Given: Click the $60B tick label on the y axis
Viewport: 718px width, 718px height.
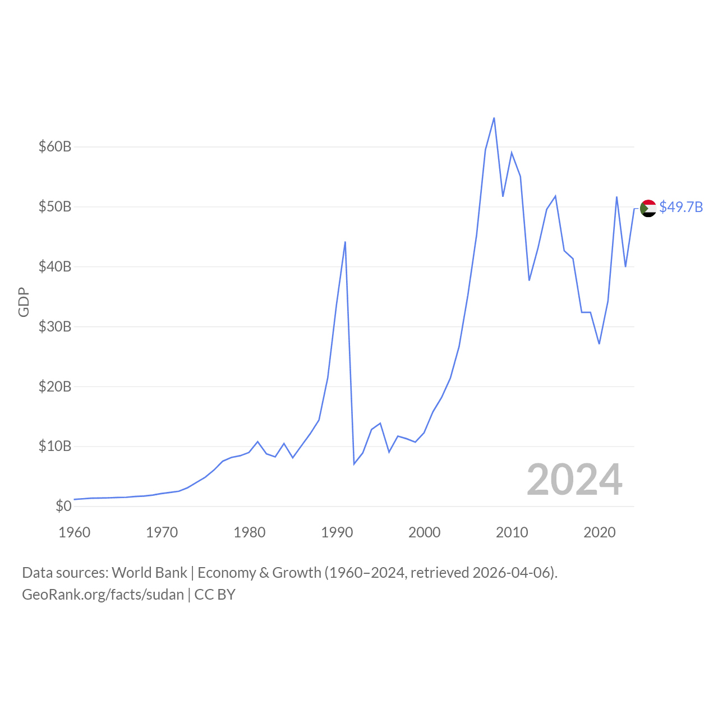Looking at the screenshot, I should click(55, 147).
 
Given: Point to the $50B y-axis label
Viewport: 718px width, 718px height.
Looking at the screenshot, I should click(55, 207).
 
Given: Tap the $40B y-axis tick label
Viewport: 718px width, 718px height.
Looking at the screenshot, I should click(55, 266).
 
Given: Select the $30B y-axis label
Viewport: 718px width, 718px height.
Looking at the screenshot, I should click(55, 326).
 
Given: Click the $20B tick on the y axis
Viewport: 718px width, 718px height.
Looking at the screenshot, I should click(55, 386).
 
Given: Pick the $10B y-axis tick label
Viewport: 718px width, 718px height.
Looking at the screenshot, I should click(55, 447).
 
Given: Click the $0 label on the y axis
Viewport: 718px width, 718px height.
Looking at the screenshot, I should click(63, 507).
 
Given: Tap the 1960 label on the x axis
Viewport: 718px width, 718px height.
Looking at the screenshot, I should click(75, 532).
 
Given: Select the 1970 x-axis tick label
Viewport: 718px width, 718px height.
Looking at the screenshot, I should click(162, 532).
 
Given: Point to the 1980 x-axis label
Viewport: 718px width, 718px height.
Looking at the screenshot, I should click(250, 532).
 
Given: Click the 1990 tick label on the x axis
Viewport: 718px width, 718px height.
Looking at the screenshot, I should click(337, 532).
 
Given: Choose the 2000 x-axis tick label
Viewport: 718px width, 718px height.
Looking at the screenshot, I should click(425, 532).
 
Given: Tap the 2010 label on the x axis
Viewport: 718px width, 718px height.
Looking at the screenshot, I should click(512, 532).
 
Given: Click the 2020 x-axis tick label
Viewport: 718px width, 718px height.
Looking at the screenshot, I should click(600, 532).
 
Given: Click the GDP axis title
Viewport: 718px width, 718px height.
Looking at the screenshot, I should click(24, 302).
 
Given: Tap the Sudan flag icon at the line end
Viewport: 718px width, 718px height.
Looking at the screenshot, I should click(648, 208).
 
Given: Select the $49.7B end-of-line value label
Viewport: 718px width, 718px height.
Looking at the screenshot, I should click(681, 208).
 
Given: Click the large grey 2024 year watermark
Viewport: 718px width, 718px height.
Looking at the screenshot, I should click(574, 480).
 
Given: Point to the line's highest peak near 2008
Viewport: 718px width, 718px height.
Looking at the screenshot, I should click(494, 118).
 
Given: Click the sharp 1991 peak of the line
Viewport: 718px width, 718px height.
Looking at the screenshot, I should click(345, 242).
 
